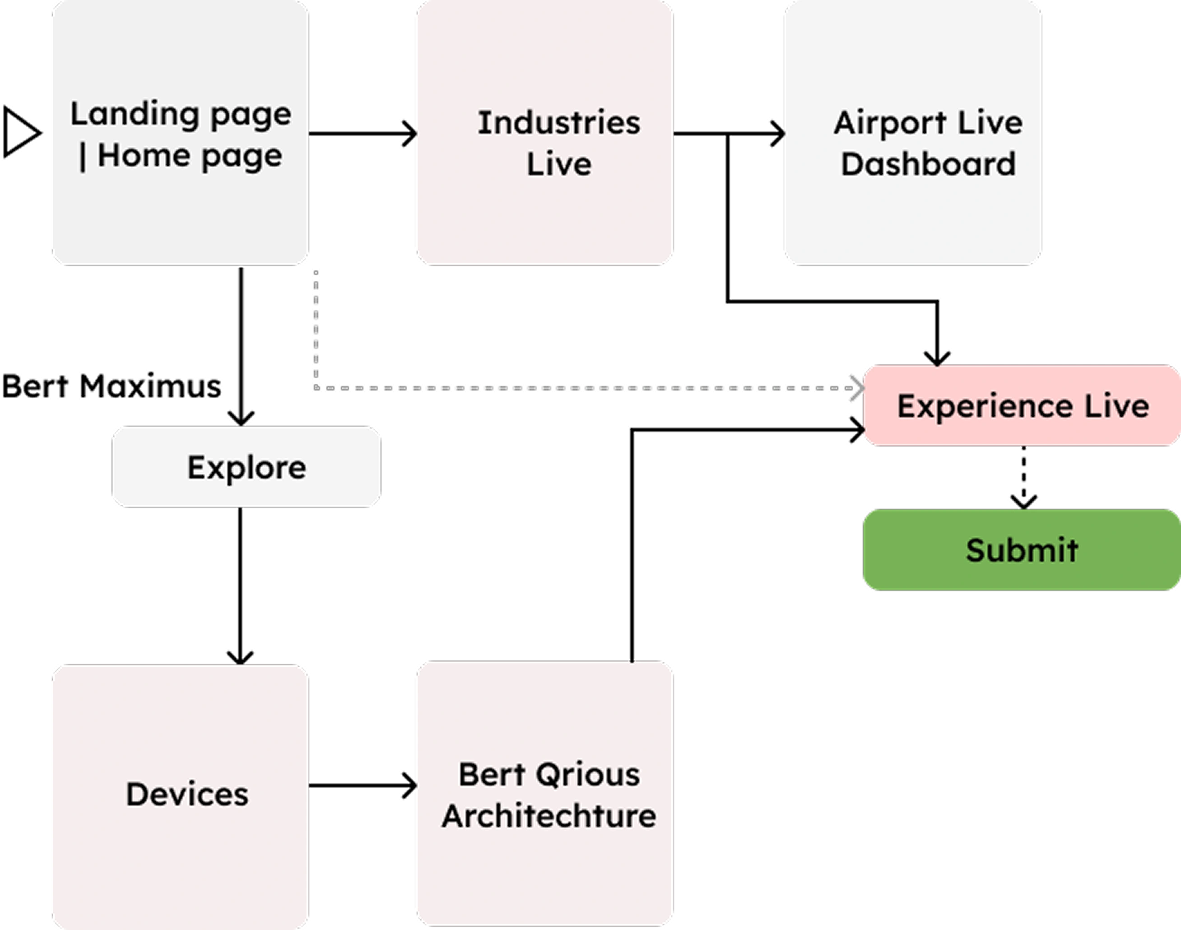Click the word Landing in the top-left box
click(x=135, y=114)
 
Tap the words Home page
click(x=190, y=156)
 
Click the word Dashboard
click(x=928, y=164)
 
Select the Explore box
click(x=246, y=467)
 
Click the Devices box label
click(x=187, y=795)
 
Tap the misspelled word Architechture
click(x=549, y=817)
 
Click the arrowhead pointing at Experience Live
click(x=857, y=389)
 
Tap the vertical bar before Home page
click(x=83, y=157)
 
